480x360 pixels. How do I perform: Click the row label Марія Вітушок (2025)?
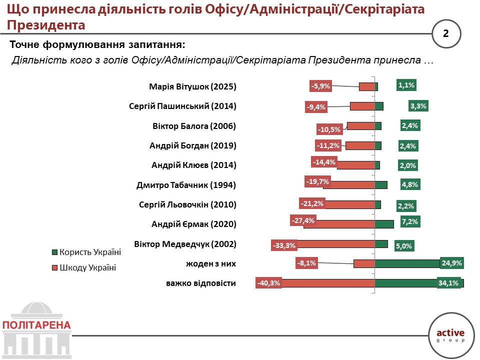click(192, 86)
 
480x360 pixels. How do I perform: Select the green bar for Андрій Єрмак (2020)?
click(384, 224)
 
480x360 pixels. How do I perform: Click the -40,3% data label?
click(268, 283)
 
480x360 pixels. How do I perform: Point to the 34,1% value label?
click(449, 283)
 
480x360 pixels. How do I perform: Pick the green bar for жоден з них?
click(407, 263)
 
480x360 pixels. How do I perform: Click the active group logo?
click(450, 334)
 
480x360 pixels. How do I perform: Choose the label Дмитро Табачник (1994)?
click(186, 185)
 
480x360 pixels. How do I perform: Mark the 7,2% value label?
click(409, 221)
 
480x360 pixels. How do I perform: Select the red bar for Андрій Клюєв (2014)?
click(356, 165)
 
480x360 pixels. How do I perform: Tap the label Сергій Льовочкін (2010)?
click(187, 204)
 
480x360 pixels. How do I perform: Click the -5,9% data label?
click(320, 86)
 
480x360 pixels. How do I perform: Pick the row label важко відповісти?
click(201, 283)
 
